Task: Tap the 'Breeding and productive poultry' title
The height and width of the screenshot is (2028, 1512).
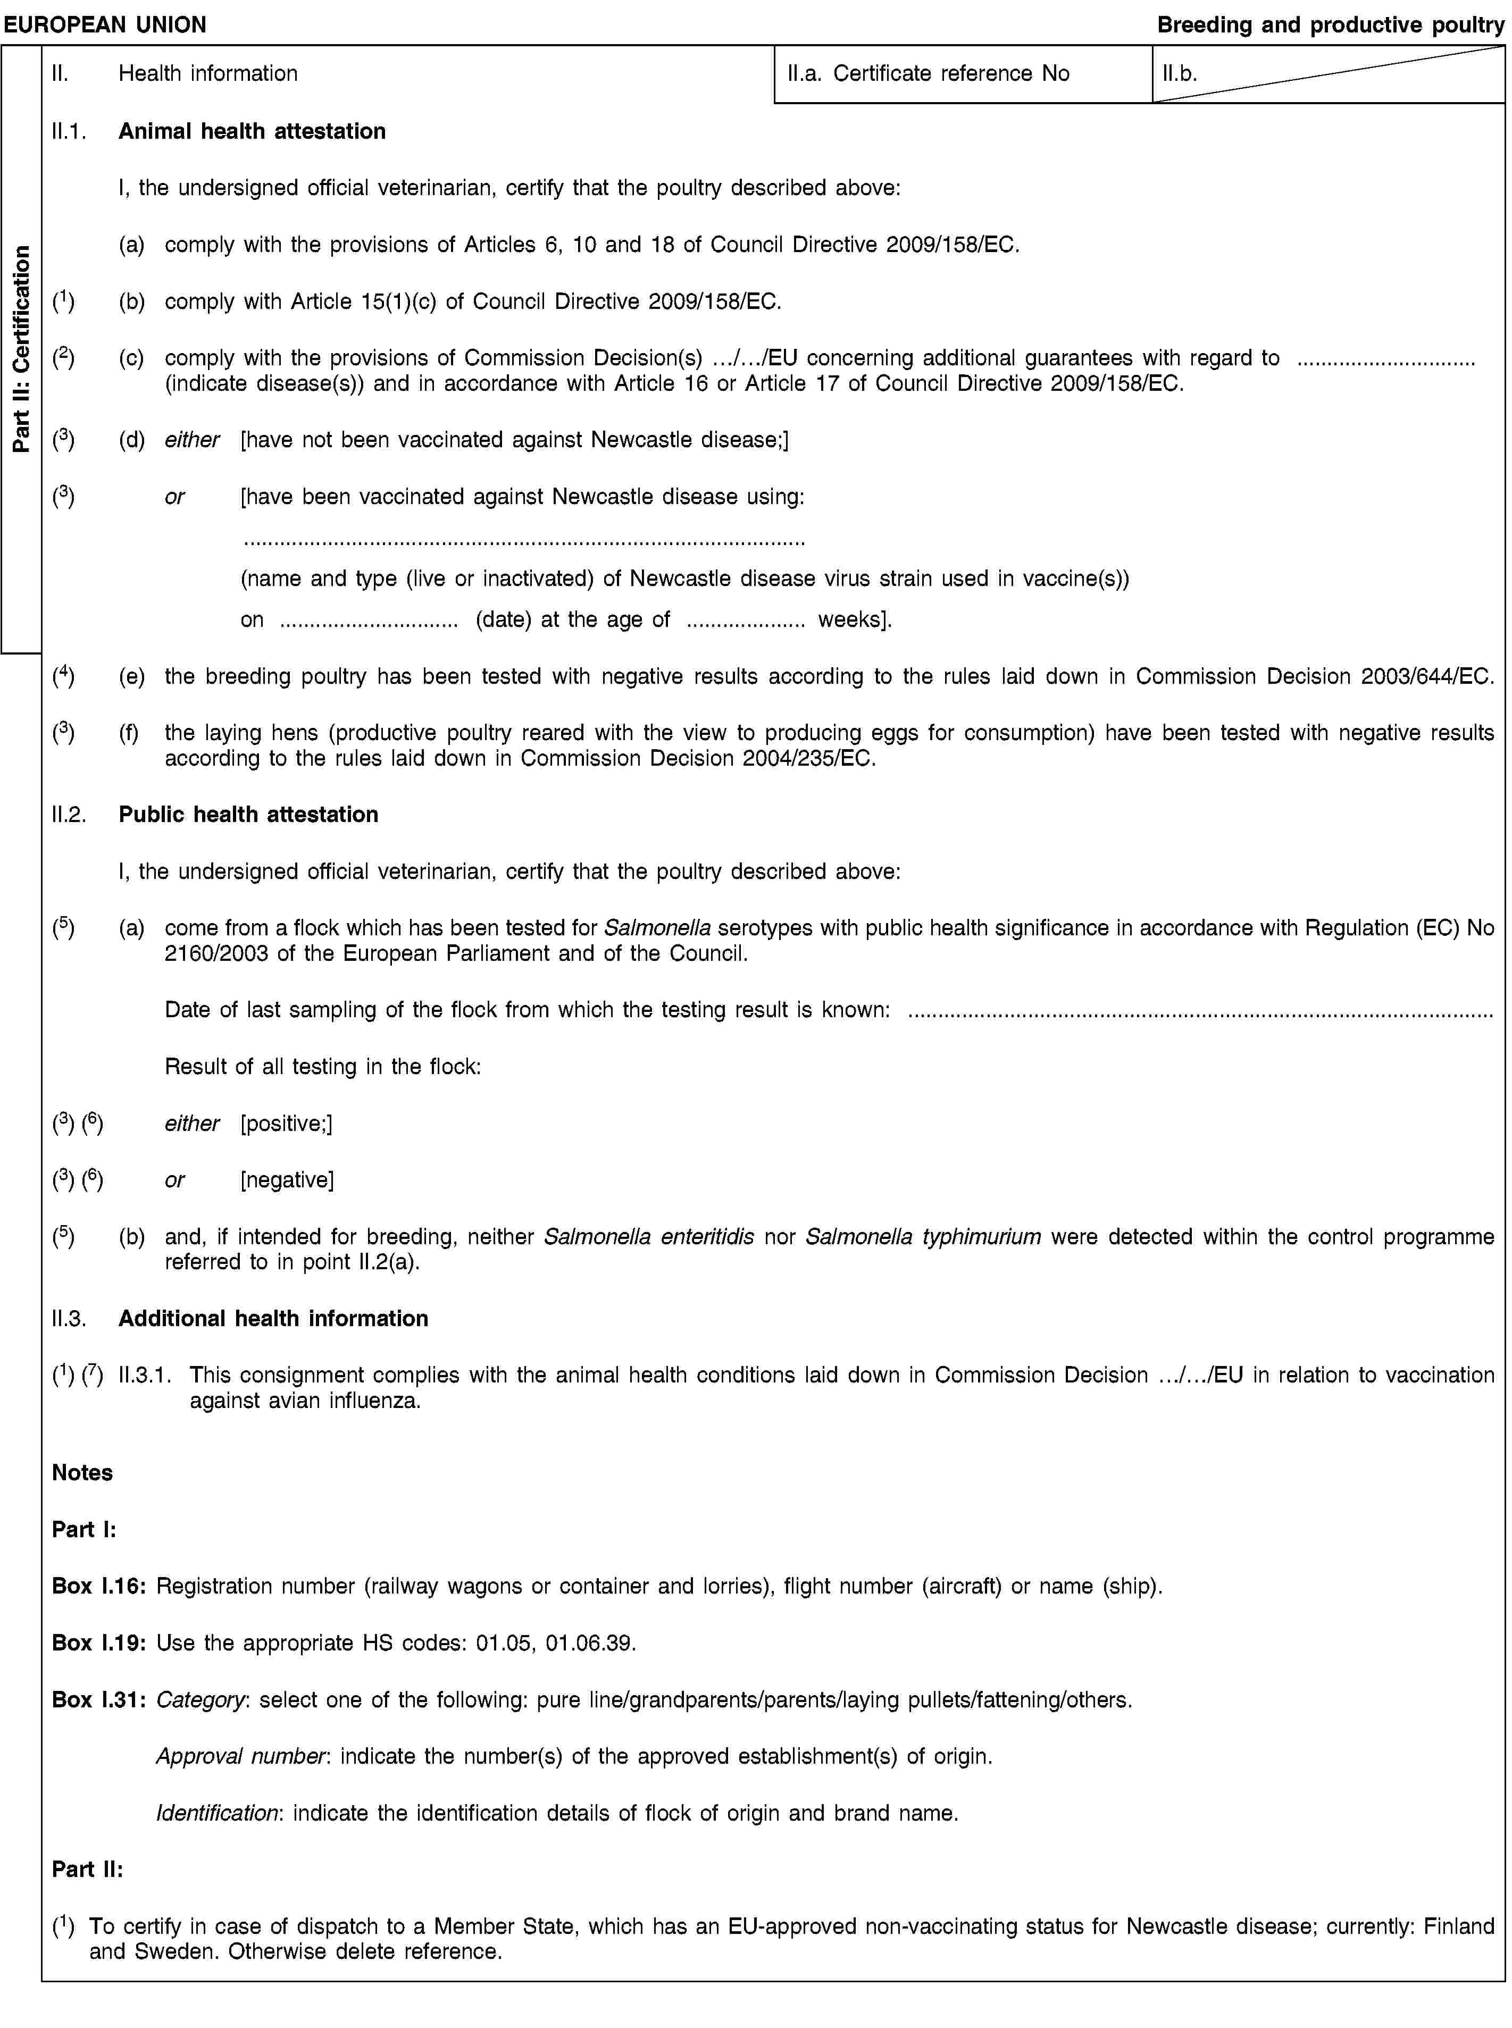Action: click(1330, 24)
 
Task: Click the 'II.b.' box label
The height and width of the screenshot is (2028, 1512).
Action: click(1180, 73)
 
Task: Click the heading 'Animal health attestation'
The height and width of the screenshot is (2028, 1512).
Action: click(252, 131)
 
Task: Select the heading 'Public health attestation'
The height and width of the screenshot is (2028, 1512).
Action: click(248, 815)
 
